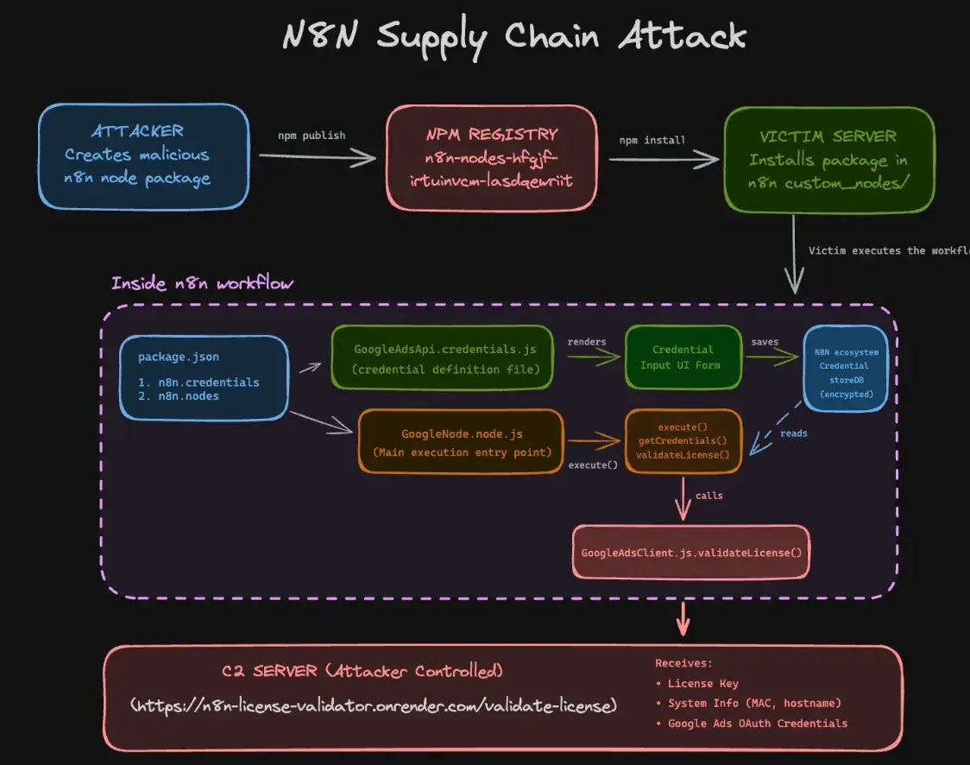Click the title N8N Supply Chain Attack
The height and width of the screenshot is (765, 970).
514,36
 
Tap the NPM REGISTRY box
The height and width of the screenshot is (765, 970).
491,158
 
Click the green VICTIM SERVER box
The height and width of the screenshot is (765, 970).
828,160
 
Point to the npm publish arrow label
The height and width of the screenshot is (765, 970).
312,136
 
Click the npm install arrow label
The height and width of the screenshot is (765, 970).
652,140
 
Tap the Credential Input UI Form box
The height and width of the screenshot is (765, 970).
683,357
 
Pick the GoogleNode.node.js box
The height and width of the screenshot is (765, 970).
460,441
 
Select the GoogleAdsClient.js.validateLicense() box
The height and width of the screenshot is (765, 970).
691,552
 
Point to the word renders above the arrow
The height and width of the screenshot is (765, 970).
586,342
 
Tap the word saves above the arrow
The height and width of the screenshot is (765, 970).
765,342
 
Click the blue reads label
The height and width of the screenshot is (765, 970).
793,433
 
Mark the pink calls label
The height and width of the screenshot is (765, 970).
709,496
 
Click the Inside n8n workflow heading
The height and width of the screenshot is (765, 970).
204,283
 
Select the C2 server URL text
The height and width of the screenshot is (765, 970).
374,705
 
